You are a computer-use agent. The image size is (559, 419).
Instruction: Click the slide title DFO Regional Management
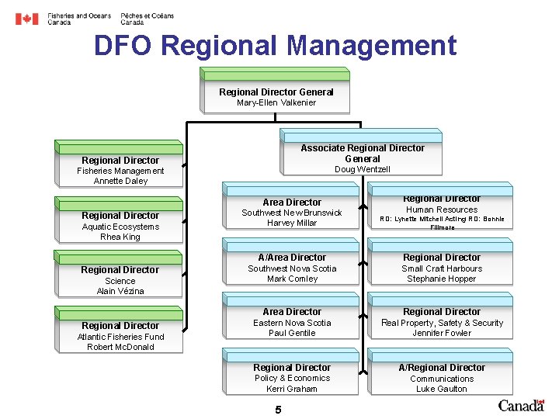(x=275, y=46)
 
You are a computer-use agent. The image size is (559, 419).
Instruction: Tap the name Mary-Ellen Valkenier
(x=276, y=102)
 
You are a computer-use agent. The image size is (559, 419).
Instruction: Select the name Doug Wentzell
(x=363, y=169)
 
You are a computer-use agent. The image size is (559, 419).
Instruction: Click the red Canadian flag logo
(x=26, y=19)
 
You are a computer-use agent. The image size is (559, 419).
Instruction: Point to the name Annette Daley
(x=120, y=181)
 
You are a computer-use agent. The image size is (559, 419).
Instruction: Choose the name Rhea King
(x=120, y=237)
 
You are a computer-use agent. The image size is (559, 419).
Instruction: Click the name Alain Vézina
(x=120, y=291)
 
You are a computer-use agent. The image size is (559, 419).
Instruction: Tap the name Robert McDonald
(x=120, y=347)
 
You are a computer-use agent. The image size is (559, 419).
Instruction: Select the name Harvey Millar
(x=292, y=223)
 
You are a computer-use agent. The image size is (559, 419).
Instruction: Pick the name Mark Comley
(x=292, y=279)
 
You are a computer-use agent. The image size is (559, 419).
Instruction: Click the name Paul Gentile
(x=292, y=333)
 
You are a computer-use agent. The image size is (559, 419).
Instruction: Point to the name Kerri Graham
(x=292, y=389)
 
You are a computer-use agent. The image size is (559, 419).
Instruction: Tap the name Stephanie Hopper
(x=442, y=279)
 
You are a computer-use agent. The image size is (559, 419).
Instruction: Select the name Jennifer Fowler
(x=442, y=333)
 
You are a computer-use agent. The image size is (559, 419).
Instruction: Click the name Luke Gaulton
(x=442, y=389)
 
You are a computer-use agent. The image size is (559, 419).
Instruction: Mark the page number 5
(x=278, y=410)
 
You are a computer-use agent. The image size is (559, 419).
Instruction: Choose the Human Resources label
(x=442, y=209)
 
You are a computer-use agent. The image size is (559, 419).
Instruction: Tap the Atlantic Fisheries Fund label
(x=120, y=337)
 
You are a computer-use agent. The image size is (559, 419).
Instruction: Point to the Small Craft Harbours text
(x=442, y=268)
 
